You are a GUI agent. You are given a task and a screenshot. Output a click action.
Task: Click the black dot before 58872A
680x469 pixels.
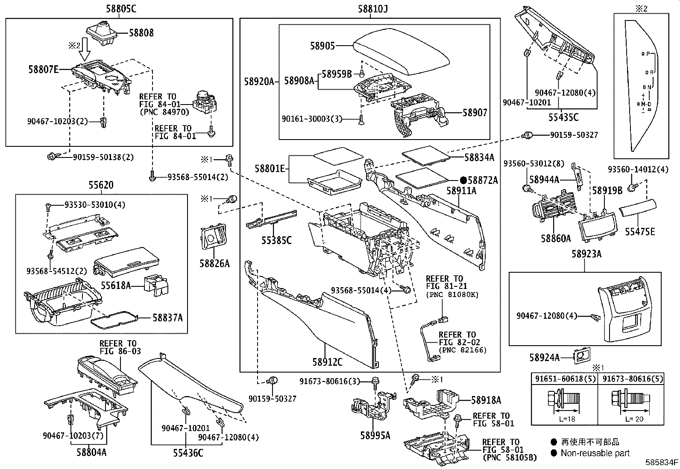click(463, 181)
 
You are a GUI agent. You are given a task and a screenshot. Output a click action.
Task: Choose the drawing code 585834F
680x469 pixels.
click(662, 462)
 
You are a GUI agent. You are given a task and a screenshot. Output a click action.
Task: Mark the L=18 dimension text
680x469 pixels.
click(567, 419)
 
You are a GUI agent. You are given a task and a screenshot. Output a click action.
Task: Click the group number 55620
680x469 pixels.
click(101, 185)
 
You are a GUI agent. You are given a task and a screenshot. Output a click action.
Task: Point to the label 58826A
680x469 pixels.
click(214, 263)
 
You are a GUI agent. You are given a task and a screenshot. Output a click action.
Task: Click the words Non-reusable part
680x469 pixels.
click(595, 453)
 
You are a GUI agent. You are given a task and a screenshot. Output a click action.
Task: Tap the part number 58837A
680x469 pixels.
click(168, 318)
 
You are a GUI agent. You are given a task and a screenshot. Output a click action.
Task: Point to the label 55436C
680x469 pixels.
click(188, 453)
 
